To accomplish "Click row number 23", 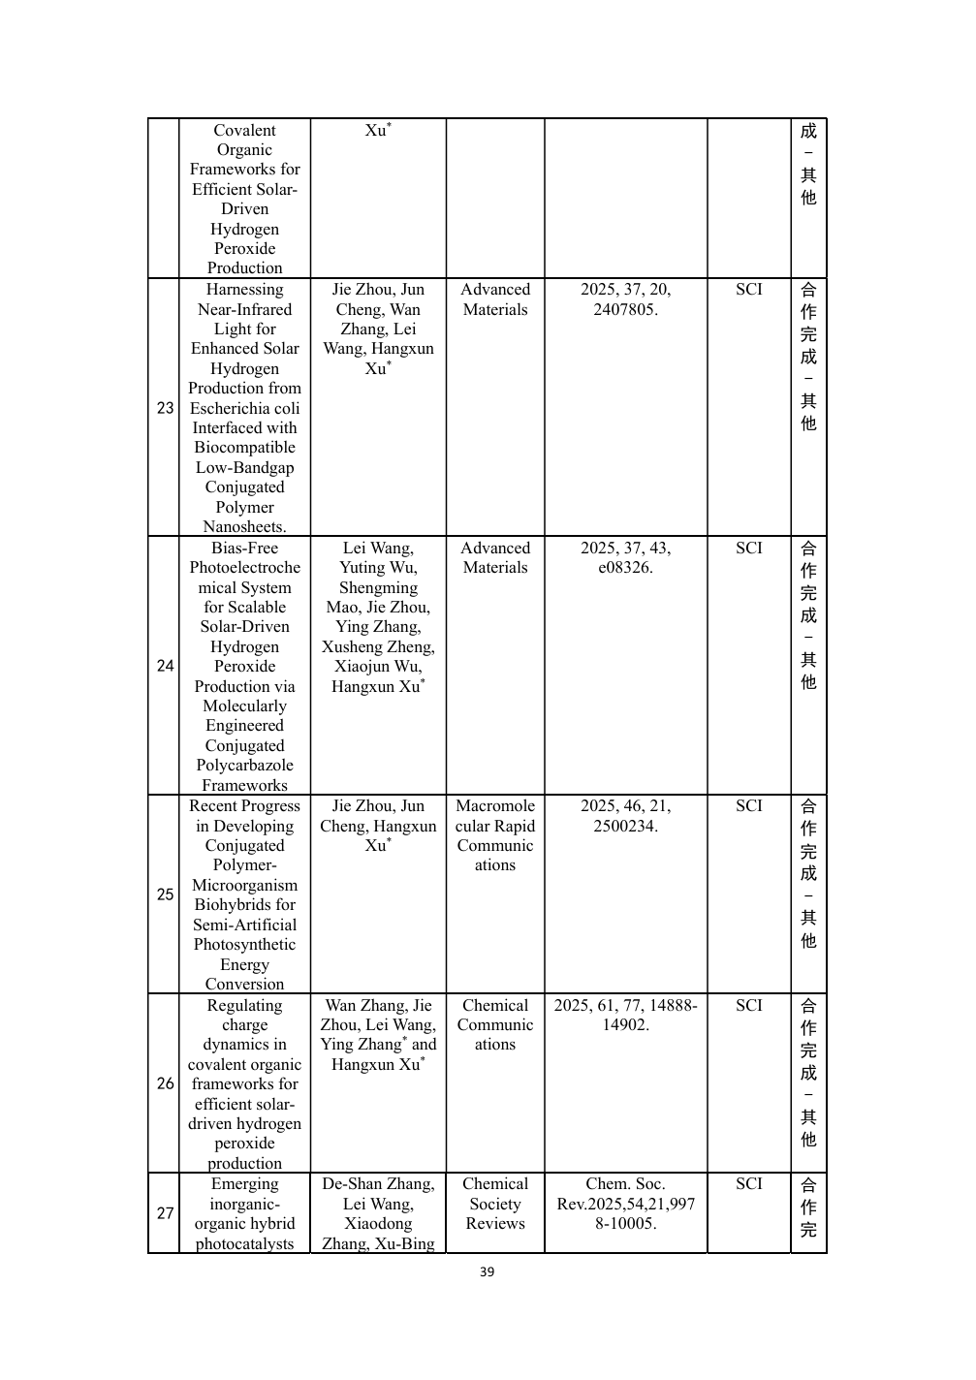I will click(x=165, y=408).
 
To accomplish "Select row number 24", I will click(x=165, y=666).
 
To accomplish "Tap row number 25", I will click(x=165, y=894).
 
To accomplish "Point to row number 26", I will click(x=165, y=1083).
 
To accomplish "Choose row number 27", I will click(x=165, y=1213).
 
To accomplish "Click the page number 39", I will click(x=487, y=1272).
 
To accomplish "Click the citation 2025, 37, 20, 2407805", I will click(x=625, y=299).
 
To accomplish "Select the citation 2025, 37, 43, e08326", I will click(x=625, y=558).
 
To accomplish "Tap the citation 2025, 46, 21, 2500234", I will click(x=625, y=816).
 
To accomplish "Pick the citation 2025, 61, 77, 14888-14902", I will click(x=625, y=1015).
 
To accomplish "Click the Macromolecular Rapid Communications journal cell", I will click(x=494, y=835).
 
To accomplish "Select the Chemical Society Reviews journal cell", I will click(x=494, y=1204).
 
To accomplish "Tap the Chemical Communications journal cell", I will click(x=494, y=1024).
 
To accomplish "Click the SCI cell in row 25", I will click(x=748, y=806).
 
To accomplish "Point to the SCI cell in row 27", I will click(x=748, y=1184).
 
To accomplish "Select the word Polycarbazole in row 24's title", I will click(x=244, y=766).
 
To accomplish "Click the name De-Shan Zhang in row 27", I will click(x=378, y=1184).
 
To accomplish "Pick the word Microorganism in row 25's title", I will click(x=244, y=886).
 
